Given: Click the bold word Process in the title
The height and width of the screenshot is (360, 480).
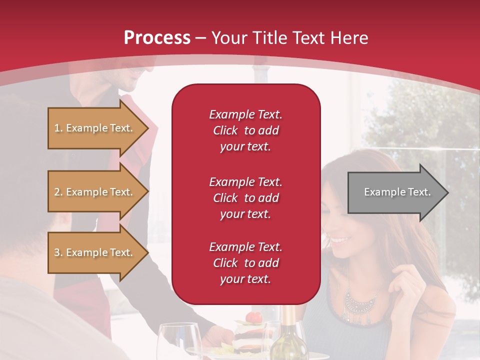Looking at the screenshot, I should point(157,37).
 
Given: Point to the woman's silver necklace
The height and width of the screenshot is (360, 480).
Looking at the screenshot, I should point(360,302).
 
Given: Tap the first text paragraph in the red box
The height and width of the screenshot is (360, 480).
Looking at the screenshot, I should point(245,130).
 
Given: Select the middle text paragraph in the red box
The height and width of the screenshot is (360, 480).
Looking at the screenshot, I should point(245,197).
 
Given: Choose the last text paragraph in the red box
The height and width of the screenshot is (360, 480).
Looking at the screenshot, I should point(245,263).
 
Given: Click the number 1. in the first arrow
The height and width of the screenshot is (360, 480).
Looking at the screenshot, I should point(58,128).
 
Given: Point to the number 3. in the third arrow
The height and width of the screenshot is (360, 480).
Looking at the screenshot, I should point(58,252).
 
